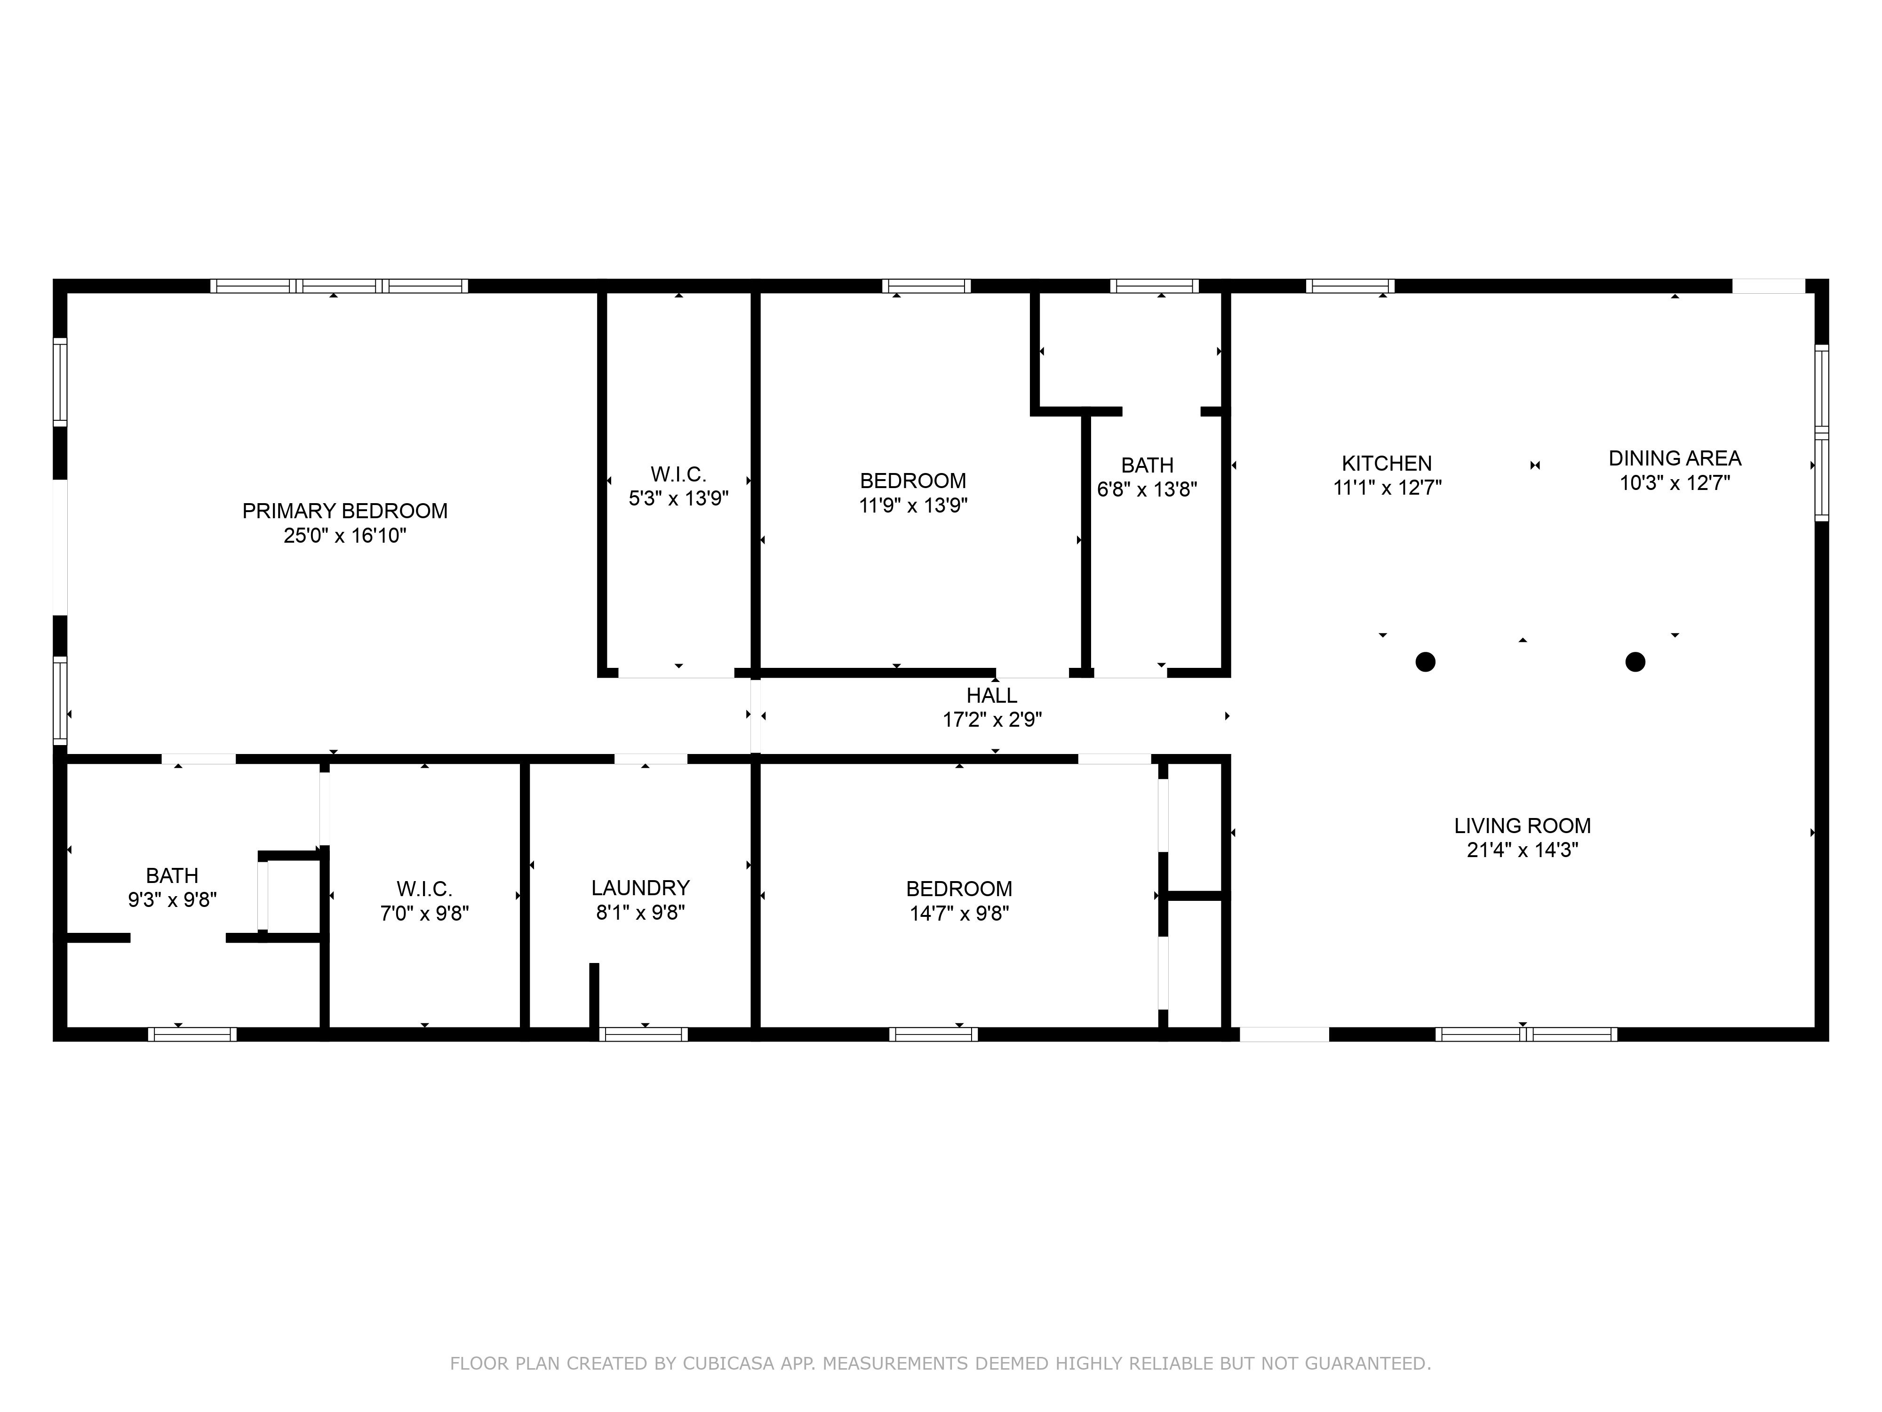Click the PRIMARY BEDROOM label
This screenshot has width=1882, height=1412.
pos(344,511)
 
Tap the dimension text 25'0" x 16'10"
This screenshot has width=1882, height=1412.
pos(344,535)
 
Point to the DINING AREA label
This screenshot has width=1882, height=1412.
pos(1675,458)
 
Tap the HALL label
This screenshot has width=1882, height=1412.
pos(991,695)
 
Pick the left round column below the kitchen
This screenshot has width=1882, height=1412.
pos(1425,661)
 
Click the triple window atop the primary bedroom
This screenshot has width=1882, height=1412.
pos(339,286)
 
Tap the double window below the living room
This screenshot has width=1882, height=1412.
pos(1526,1034)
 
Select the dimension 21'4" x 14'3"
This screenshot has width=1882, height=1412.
pos(1522,850)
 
